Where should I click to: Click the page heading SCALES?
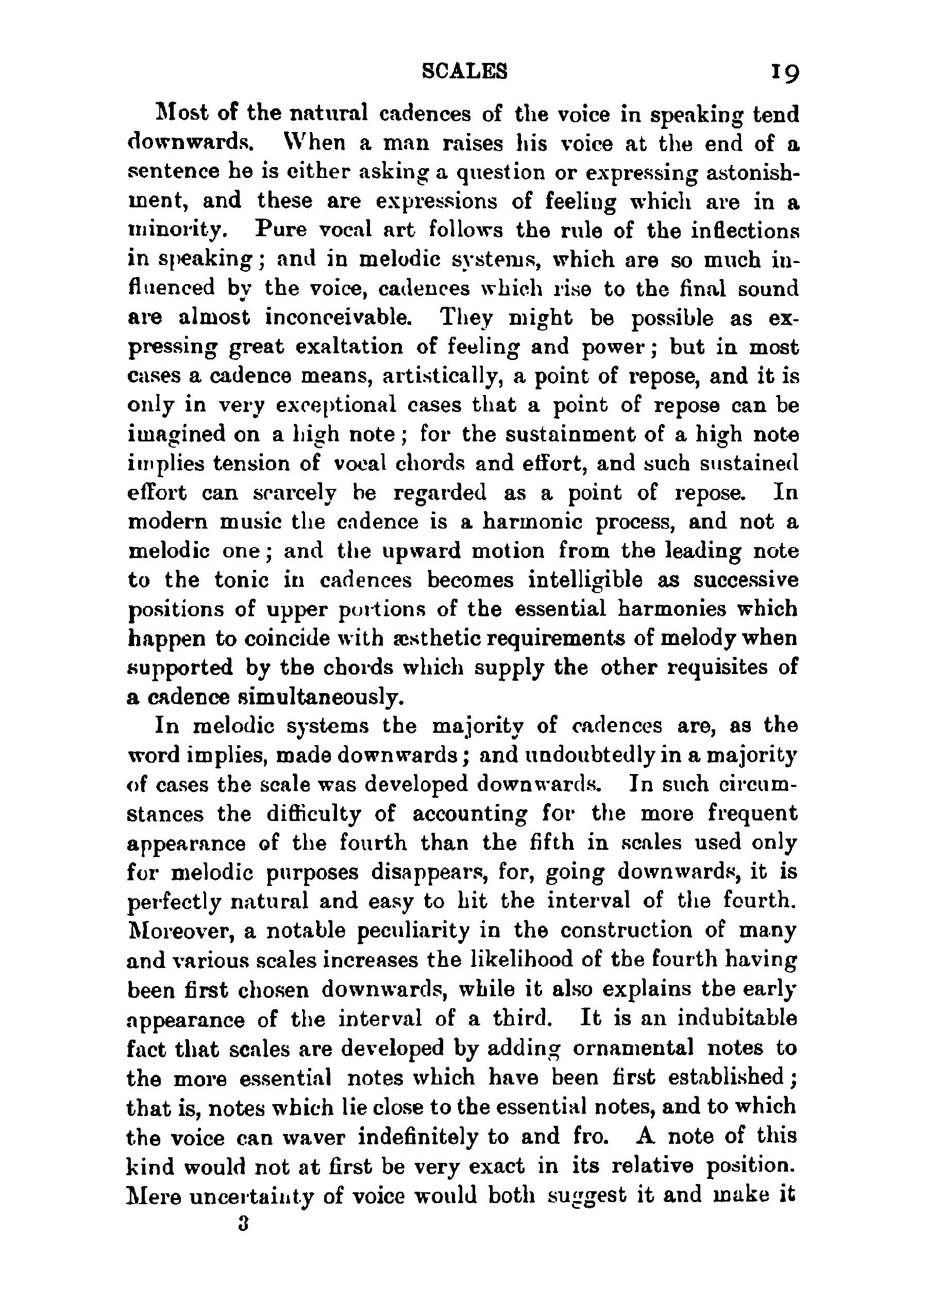click(x=464, y=71)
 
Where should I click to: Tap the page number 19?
click(x=785, y=72)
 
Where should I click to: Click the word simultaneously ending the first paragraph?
click(x=308, y=697)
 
